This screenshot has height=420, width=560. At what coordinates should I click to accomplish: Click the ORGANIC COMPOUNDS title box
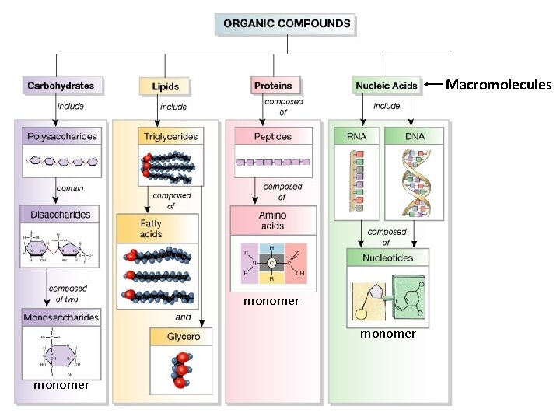pos(286,23)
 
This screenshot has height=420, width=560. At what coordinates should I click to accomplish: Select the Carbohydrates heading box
pos(61,86)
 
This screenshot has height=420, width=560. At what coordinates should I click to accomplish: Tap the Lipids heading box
pos(165,86)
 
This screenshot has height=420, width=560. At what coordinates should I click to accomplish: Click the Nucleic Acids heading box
pos(386,86)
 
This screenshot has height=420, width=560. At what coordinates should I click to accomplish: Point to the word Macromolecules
pos(498,84)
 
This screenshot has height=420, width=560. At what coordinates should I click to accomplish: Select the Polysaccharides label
pos(63,137)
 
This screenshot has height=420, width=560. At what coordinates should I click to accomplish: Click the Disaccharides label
pos(60,215)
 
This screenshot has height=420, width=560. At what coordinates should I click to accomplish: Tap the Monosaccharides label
pos(61,317)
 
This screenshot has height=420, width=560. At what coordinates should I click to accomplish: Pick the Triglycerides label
pos(170,137)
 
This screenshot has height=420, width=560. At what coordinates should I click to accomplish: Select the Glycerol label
pos(184,337)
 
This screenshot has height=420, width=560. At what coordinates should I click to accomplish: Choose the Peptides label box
pos(272,137)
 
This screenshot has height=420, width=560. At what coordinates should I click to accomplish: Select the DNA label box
pos(415,136)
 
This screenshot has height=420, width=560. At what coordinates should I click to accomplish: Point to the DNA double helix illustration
pos(415,184)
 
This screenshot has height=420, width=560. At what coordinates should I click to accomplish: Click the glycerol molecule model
pos(182,369)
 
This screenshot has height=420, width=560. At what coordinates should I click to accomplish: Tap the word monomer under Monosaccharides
pos(61,385)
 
